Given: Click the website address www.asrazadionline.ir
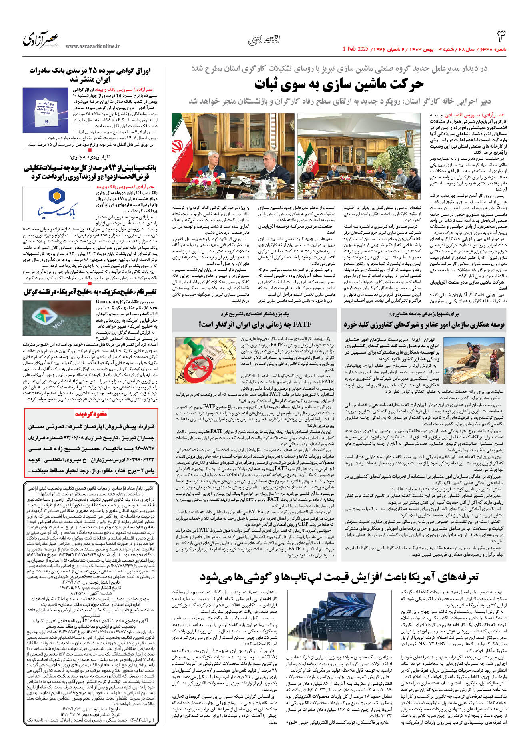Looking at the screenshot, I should pyautogui.click(x=92, y=46).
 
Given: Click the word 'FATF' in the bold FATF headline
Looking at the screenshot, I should pyautogui.click(x=301, y=324).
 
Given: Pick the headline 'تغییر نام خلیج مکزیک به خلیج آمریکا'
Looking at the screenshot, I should pyautogui.click(x=90, y=292).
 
